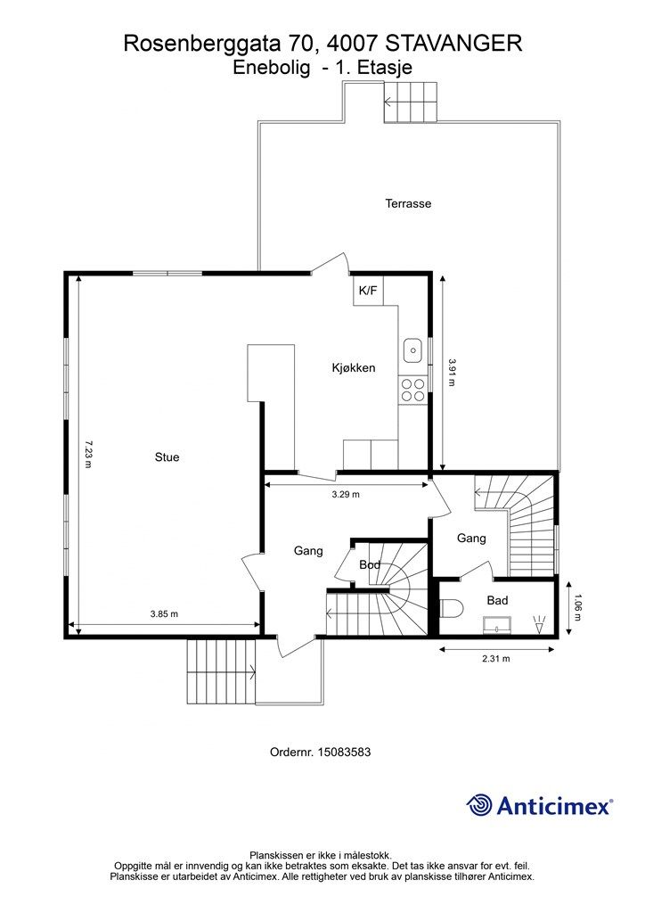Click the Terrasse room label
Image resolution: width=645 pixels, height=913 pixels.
[408, 203]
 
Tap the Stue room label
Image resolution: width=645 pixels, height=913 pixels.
[167, 457]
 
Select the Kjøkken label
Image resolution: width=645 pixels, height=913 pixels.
[354, 367]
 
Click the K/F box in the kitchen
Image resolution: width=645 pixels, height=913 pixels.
[368, 290]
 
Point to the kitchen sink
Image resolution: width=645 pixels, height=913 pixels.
[412, 350]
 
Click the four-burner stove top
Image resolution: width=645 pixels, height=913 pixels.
[412, 390]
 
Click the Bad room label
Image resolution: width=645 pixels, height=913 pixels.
[497, 600]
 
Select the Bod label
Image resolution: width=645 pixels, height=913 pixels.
[370, 564]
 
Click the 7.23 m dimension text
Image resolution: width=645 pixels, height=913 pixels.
[88, 454]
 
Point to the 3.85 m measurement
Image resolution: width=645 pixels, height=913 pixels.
[164, 613]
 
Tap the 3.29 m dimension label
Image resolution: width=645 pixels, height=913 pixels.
[346, 494]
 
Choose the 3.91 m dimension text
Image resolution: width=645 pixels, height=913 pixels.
[452, 372]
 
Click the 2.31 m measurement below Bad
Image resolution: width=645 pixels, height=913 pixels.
[496, 659]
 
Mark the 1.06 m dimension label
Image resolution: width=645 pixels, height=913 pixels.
[576, 607]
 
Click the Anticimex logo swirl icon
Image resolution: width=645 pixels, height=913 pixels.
[479, 805]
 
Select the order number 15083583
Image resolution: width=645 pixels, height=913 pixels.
[343, 752]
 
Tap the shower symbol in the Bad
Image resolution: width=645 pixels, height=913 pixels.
[539, 624]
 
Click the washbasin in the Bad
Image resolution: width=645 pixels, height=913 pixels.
[496, 626]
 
